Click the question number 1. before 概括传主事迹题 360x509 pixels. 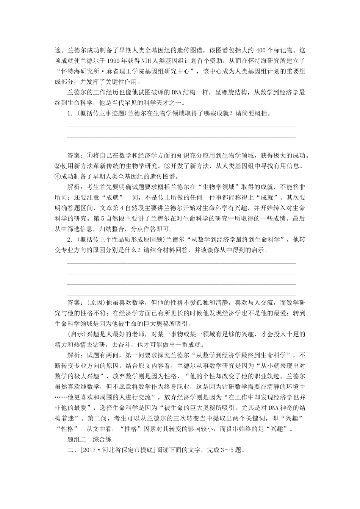[70, 113]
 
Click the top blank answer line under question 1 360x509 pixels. [181, 127]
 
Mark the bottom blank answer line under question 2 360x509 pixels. [181, 294]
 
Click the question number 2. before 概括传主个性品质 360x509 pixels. [70, 239]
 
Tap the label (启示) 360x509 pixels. [76, 334]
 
